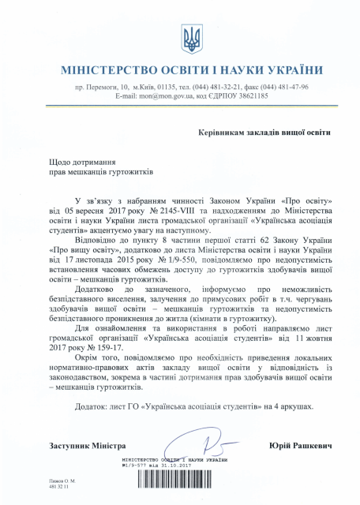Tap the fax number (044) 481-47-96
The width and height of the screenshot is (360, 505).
[x=280, y=87]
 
